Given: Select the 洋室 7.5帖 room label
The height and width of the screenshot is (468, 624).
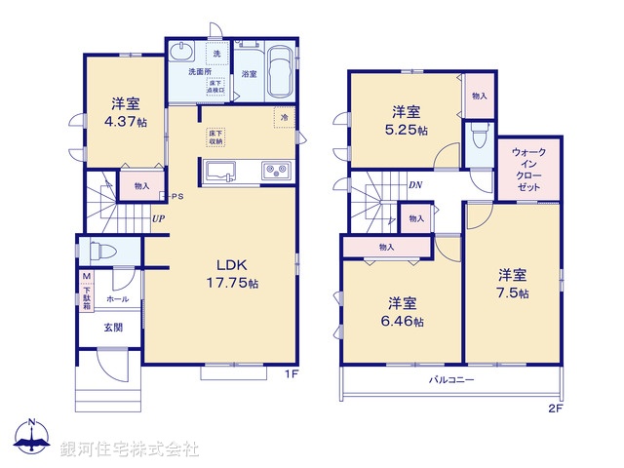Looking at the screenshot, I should tap(511, 284).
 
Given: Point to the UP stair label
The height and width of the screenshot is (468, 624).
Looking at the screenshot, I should tap(157, 218).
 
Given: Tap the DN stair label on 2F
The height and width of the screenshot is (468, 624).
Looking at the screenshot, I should tap(414, 185).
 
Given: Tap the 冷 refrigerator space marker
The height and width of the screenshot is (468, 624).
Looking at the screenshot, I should tap(285, 117).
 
